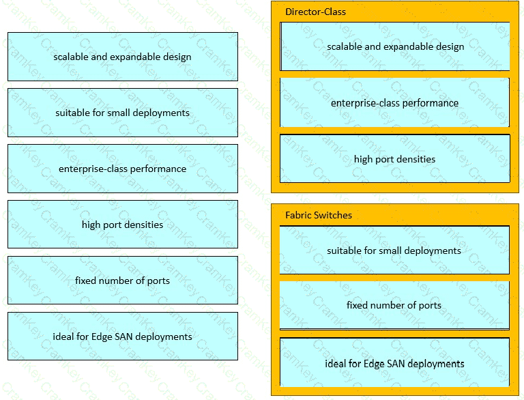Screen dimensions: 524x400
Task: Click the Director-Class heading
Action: coord(315,12)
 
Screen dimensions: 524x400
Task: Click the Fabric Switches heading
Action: coord(319,215)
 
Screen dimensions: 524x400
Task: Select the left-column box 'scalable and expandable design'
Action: coord(123,57)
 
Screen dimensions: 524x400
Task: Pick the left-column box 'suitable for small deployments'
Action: coord(123,113)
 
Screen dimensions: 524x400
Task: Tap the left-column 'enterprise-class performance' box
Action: coord(123,169)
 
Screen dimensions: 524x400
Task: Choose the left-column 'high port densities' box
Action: coord(123,225)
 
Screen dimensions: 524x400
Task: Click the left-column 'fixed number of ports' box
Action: coord(123,281)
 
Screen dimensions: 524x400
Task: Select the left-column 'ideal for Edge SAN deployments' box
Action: coord(123,336)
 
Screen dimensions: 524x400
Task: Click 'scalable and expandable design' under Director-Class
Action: coord(395,46)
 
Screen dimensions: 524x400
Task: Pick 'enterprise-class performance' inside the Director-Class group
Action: coord(394,102)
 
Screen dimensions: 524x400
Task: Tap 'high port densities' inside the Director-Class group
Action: coord(395,158)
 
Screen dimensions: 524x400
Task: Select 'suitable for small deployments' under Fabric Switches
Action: coord(394,250)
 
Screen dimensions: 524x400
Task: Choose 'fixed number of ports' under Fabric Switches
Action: coord(394,305)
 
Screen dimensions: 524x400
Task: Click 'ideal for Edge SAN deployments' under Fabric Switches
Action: coord(394,363)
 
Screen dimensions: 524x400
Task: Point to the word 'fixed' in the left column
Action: coord(85,281)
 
